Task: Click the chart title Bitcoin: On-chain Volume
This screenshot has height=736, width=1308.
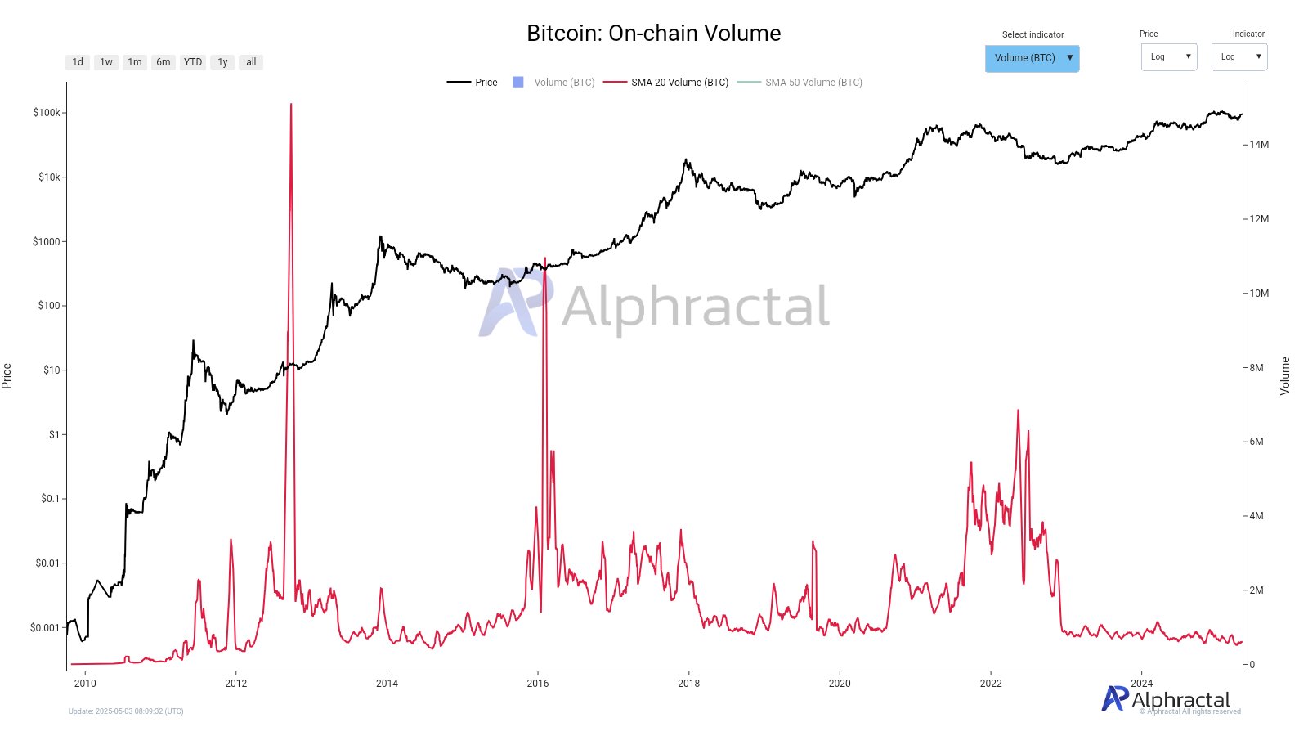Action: click(653, 34)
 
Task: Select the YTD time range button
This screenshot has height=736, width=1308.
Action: click(193, 62)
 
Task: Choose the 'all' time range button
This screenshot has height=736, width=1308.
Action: click(251, 62)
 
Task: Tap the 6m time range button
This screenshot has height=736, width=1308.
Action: click(163, 62)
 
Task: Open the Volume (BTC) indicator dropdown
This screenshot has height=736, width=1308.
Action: click(1032, 58)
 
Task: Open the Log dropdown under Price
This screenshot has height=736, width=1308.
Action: click(1169, 57)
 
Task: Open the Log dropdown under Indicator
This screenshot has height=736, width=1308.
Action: click(1239, 57)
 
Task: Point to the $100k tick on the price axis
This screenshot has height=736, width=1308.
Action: click(47, 113)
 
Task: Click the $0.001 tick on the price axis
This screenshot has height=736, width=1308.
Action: click(45, 628)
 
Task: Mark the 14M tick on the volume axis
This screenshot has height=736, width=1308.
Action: click(1259, 145)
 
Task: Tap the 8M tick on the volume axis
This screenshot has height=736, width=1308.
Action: click(1256, 368)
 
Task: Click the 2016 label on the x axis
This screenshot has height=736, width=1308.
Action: click(538, 684)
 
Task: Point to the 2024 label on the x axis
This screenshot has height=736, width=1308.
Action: click(1141, 684)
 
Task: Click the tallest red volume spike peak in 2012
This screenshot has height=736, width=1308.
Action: click(291, 105)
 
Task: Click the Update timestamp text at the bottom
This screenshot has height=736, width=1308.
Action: click(126, 711)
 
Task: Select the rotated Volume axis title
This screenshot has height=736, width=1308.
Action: click(1285, 376)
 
